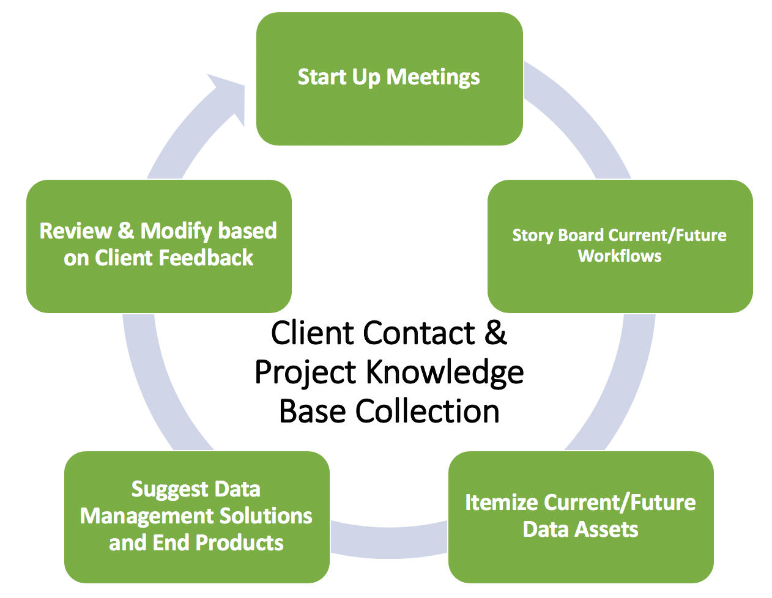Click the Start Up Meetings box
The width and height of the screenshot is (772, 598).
(x=390, y=79)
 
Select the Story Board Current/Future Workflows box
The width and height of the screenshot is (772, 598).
(x=620, y=246)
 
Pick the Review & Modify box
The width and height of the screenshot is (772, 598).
(x=159, y=246)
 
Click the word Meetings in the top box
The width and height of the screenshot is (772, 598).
(x=433, y=78)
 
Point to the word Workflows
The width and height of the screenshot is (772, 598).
(x=620, y=256)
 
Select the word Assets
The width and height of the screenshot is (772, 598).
(x=607, y=530)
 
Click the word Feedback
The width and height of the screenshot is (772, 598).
(x=206, y=257)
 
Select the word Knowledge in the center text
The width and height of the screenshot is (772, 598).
(x=445, y=373)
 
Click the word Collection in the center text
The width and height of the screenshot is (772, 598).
(x=428, y=412)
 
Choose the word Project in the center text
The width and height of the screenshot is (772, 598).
(x=305, y=373)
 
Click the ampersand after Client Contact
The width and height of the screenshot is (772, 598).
(x=495, y=333)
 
